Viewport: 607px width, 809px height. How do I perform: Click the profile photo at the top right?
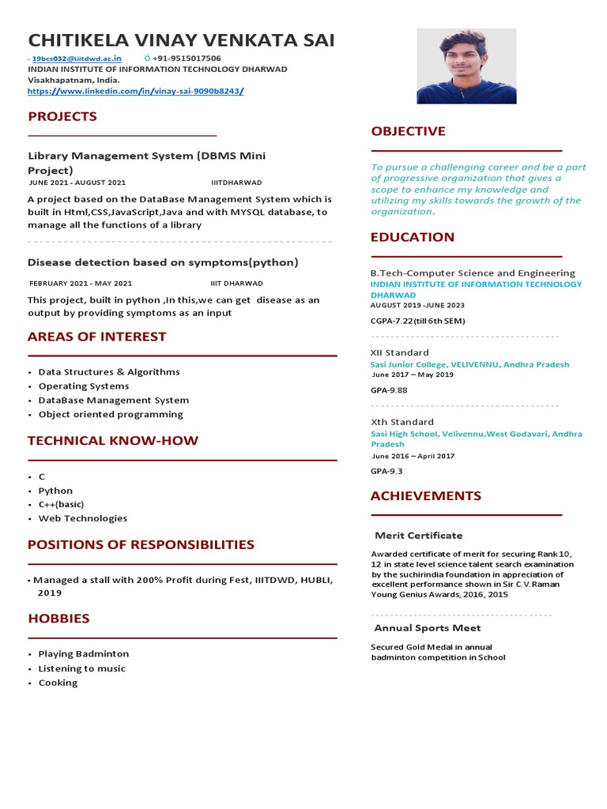[466, 66]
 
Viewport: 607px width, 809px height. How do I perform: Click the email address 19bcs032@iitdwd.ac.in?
[77, 58]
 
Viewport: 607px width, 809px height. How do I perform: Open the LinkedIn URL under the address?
[135, 91]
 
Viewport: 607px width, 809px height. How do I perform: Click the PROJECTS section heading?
[62, 117]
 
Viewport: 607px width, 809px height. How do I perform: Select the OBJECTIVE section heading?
[408, 131]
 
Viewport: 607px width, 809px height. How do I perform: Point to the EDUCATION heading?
[413, 237]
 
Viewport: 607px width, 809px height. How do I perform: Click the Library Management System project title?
[146, 163]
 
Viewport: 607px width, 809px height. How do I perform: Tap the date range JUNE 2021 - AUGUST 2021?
[77, 182]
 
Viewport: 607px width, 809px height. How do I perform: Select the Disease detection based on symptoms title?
[163, 262]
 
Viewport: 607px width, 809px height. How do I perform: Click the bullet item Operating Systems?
[84, 386]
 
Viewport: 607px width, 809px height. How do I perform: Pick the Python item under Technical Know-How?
[55, 491]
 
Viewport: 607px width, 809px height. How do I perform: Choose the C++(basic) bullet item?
[61, 504]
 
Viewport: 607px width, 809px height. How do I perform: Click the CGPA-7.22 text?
[417, 321]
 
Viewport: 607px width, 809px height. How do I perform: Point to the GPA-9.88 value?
[389, 390]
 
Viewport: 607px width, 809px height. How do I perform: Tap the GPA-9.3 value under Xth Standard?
[386, 471]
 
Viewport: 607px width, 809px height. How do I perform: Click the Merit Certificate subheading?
[418, 536]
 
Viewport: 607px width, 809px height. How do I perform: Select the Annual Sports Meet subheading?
[427, 628]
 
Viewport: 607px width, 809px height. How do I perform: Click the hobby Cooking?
[58, 683]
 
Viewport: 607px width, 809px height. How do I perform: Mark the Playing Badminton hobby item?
[83, 654]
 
